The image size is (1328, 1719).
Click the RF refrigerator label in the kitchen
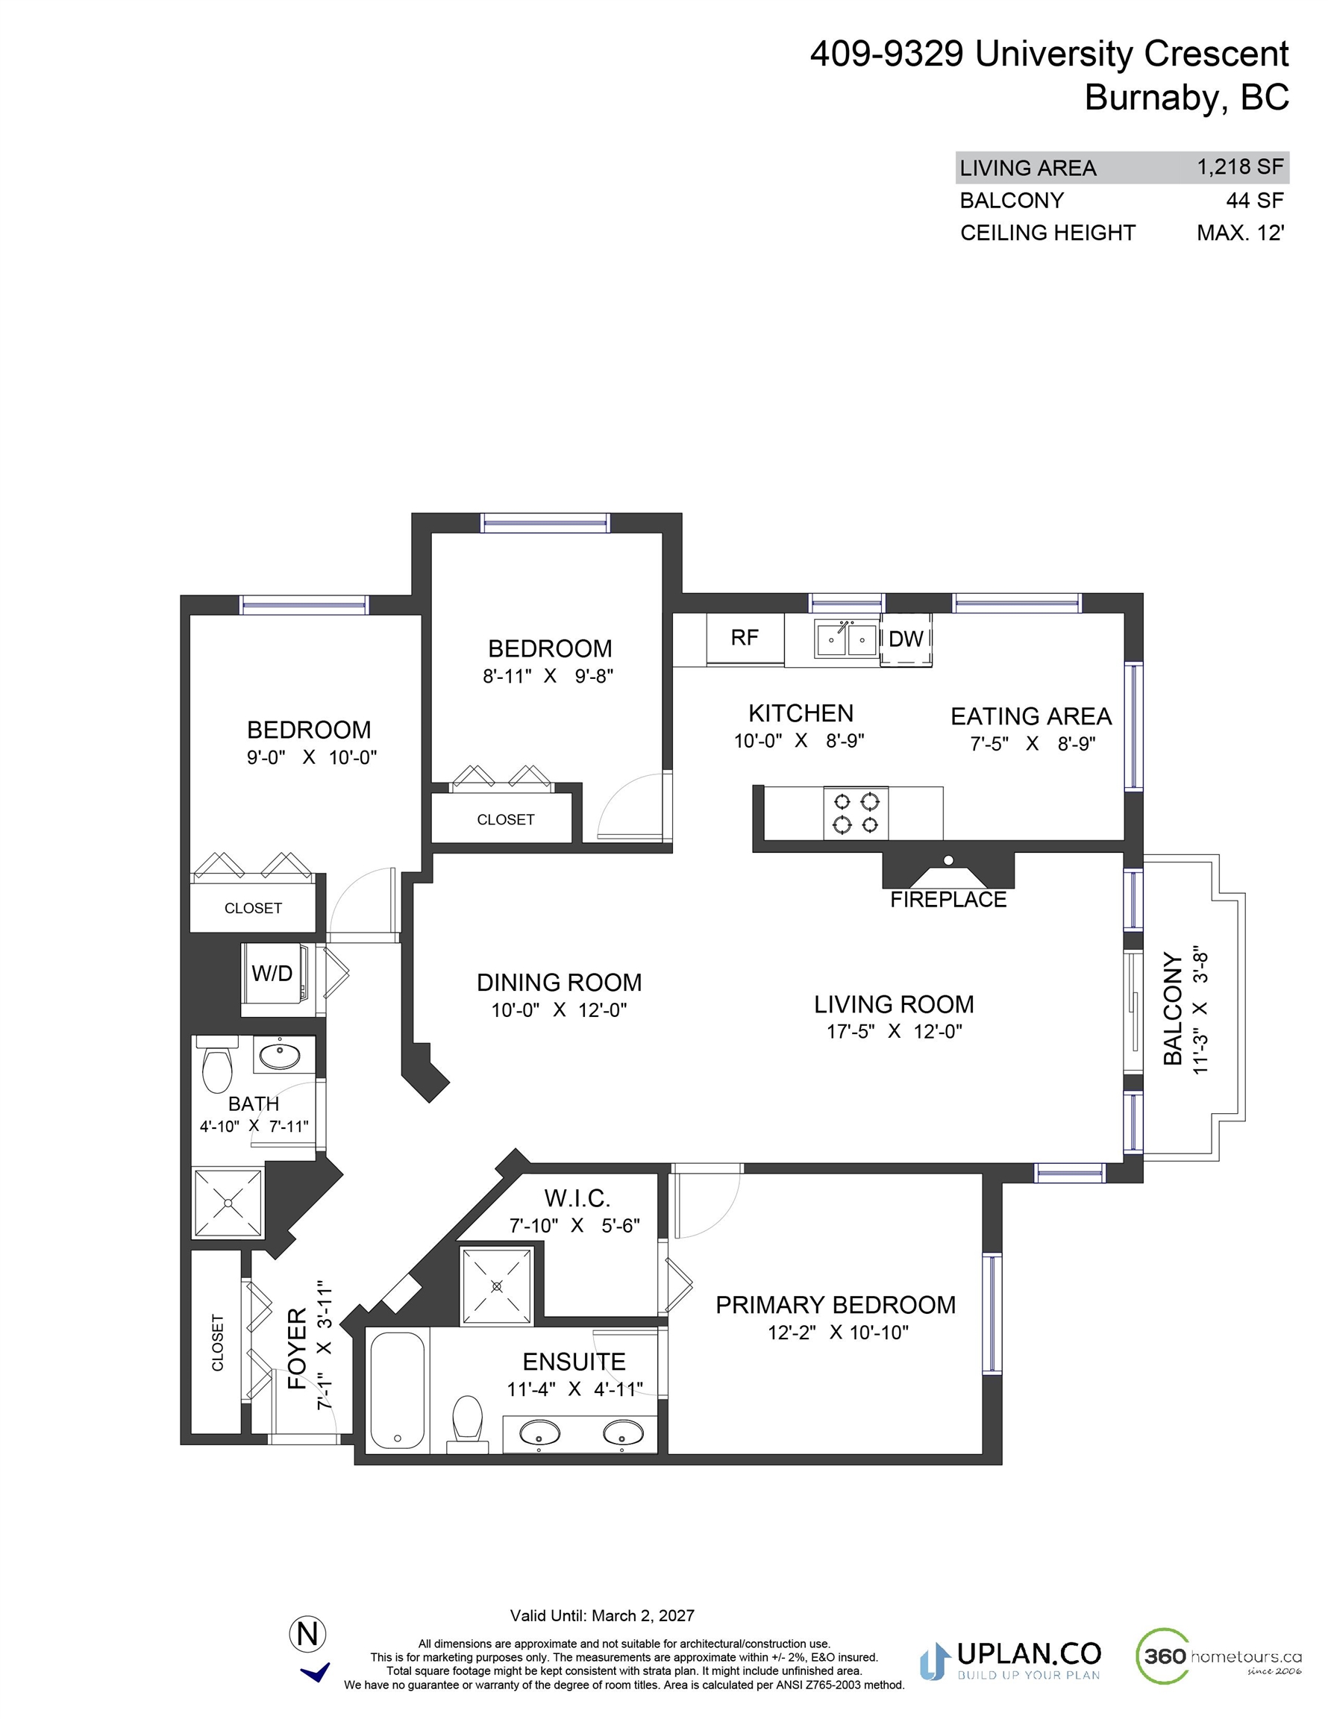coord(744,638)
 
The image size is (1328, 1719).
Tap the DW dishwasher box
coord(905,639)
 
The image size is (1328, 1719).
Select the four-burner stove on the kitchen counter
coord(856,813)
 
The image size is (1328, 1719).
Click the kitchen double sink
coord(846,639)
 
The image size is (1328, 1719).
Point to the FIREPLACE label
coord(948,900)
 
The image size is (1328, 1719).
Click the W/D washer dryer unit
coord(272,974)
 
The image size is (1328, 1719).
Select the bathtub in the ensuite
coord(397,1391)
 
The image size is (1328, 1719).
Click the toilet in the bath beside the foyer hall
coord(217,1064)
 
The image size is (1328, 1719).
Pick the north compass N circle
coord(308,1635)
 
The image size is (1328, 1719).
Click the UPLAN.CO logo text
coord(1028,1653)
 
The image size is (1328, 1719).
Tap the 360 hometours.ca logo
coord(1218,1656)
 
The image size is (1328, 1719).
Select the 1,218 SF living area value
coord(1240,167)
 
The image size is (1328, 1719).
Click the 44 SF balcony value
coord(1255,201)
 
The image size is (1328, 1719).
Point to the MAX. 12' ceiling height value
coord(1241,233)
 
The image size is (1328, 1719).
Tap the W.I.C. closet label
coord(577,1198)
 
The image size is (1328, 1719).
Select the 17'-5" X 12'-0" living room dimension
coord(895,1031)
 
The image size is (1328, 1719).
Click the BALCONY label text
coord(1173,1009)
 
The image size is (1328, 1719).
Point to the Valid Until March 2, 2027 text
coord(602,1616)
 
